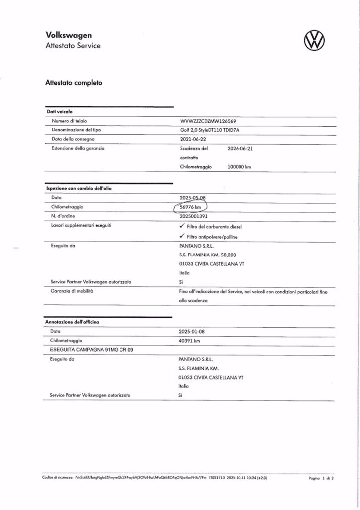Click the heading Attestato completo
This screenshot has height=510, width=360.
point(74,83)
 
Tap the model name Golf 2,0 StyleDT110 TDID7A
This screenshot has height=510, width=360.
point(213,130)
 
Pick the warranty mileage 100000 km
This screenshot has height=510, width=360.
point(239,167)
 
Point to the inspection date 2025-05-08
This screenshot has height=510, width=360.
point(192,198)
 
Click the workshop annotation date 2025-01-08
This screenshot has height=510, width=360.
point(192,331)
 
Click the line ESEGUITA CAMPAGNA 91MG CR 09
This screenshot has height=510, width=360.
point(86,350)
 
